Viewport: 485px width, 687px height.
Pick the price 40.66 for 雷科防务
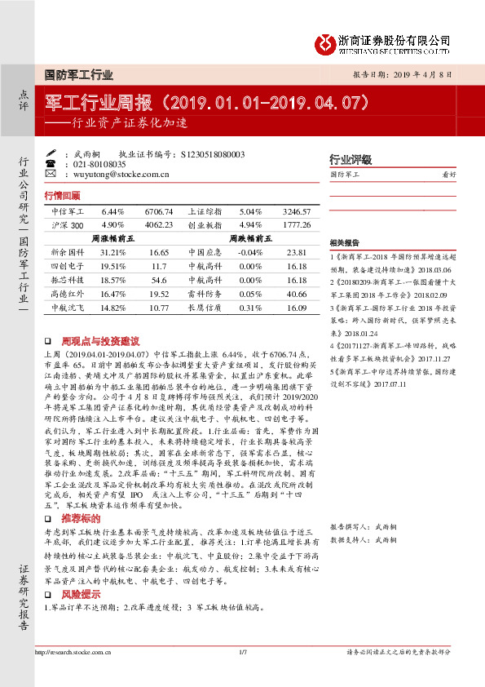(297, 293)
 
